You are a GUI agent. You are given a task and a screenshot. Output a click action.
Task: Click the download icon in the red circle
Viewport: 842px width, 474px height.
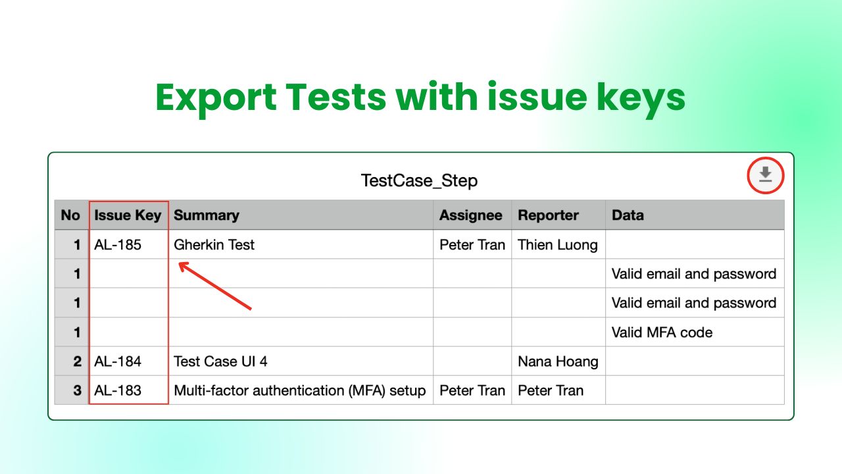coord(765,175)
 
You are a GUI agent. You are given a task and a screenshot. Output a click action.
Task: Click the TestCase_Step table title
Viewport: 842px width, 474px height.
coord(419,180)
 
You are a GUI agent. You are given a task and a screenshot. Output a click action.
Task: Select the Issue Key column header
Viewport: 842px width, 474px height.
coord(128,215)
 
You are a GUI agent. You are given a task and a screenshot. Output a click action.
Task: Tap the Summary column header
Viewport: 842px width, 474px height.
coord(207,215)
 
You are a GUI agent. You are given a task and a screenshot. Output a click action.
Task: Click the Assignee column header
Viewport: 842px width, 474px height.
coord(471,215)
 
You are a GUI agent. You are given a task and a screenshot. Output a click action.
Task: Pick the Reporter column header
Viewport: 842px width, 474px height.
coord(548,215)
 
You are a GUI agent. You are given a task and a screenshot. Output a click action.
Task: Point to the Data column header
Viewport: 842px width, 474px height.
coord(628,215)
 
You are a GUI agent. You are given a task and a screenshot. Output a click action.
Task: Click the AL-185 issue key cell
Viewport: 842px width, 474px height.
coord(118,245)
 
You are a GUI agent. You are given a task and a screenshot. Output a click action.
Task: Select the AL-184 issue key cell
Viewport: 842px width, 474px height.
coord(118,361)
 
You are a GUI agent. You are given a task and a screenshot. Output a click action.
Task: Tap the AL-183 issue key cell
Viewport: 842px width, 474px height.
coord(118,390)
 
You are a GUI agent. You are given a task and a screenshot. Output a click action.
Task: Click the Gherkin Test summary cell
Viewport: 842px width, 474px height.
coord(214,245)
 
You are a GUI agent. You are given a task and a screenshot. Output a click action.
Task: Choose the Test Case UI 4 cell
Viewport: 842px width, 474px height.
coord(220,361)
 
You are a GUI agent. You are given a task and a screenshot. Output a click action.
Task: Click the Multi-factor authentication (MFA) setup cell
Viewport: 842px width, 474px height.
coord(299,390)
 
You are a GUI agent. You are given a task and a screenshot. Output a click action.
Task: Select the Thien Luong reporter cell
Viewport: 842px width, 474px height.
coord(558,245)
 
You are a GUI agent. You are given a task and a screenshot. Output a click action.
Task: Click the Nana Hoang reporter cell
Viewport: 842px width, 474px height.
coord(558,361)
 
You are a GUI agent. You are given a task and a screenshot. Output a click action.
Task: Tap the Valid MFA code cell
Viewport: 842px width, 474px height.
coord(662,332)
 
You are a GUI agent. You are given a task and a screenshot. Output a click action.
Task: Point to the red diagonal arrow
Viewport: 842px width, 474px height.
coord(215,286)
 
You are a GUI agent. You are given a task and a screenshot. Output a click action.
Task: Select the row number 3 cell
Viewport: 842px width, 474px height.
coord(77,390)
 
